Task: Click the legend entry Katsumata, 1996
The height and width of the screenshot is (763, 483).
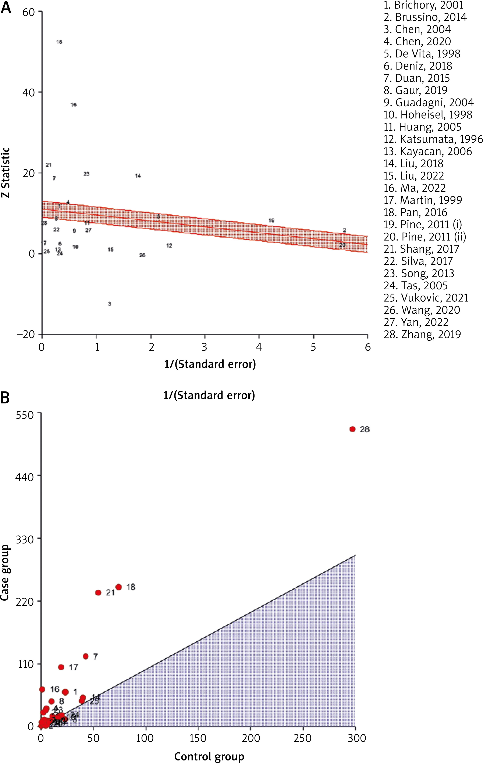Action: [x=433, y=139]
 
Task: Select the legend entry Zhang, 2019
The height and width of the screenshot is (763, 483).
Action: [x=422, y=334]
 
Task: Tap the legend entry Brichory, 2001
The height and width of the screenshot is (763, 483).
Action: [x=423, y=5]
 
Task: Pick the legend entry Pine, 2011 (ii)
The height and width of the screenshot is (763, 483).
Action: [x=425, y=237]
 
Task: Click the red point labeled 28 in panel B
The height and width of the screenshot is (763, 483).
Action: [x=352, y=429]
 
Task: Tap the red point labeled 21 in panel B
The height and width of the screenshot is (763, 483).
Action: [x=98, y=592]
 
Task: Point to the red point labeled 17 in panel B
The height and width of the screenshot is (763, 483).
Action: [x=61, y=667]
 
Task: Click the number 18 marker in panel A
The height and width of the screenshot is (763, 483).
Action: [x=59, y=42]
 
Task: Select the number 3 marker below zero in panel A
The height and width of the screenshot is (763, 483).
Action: [x=109, y=304]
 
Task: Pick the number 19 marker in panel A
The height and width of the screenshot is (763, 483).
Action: [x=271, y=220]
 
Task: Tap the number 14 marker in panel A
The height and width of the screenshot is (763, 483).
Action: [x=138, y=176]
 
